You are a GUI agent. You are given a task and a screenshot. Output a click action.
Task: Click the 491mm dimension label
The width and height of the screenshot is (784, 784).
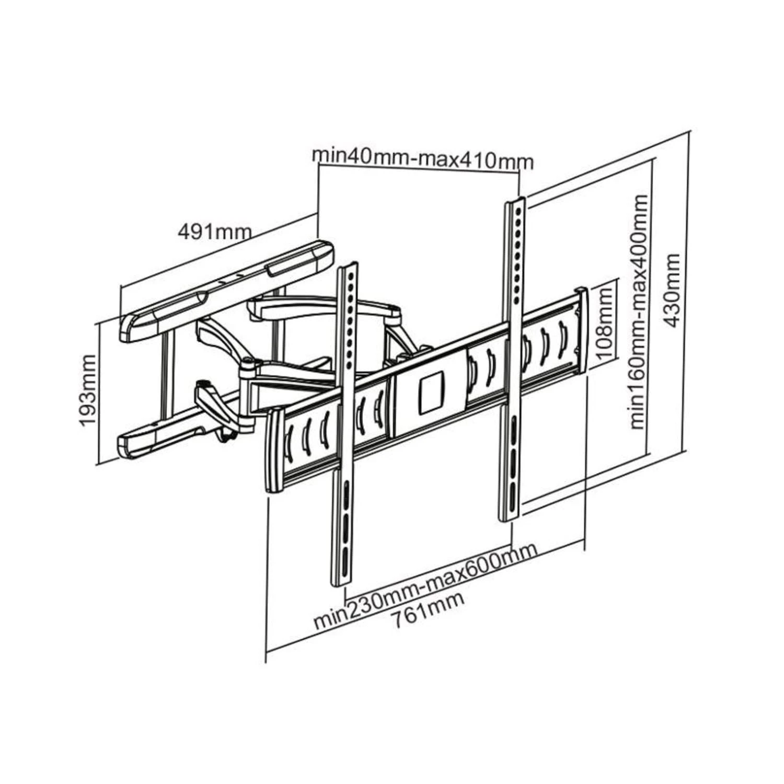click(215, 230)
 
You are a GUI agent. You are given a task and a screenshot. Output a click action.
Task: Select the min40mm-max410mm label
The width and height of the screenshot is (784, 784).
click(422, 159)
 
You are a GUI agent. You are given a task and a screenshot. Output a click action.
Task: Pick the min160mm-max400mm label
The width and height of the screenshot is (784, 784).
click(639, 312)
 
